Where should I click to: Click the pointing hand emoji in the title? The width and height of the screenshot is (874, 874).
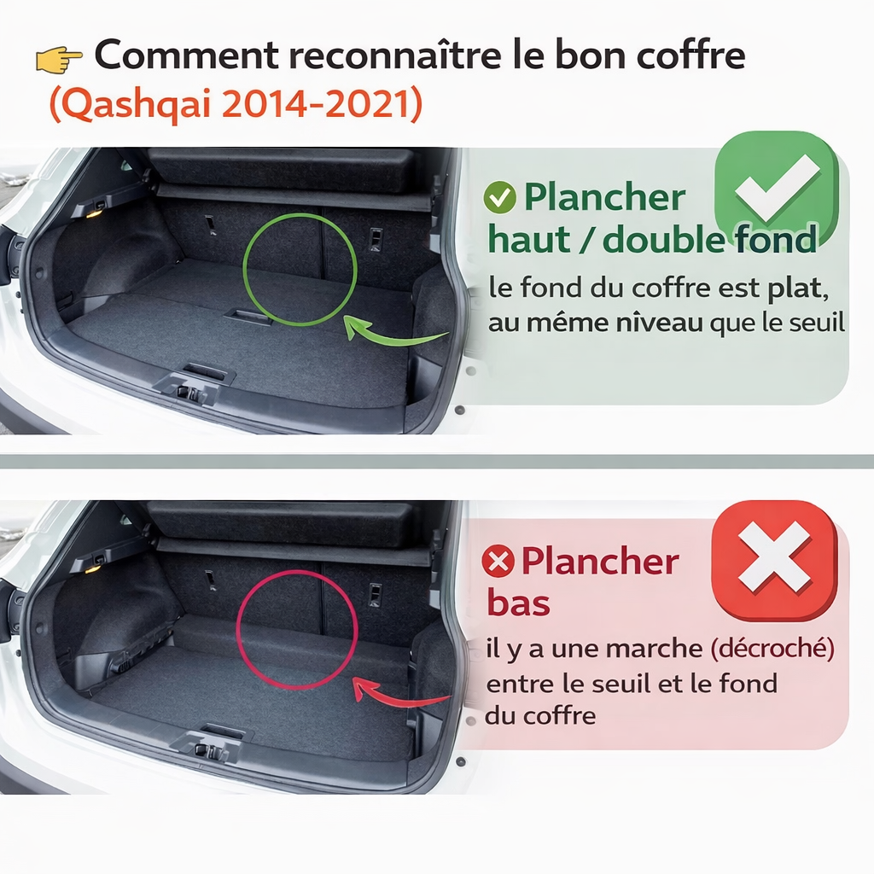coord(59,59)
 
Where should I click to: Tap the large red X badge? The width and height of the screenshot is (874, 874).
coord(774,558)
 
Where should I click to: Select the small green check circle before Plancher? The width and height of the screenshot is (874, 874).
coord(499,198)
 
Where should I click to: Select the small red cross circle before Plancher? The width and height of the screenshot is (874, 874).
coord(498,562)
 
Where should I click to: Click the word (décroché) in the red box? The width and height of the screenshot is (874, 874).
coord(771,648)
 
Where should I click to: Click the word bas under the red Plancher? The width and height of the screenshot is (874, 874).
coord(518,603)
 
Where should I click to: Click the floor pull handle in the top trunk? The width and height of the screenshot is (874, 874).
coord(248,317)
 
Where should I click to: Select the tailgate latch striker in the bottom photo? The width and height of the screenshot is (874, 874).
coord(207,750)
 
